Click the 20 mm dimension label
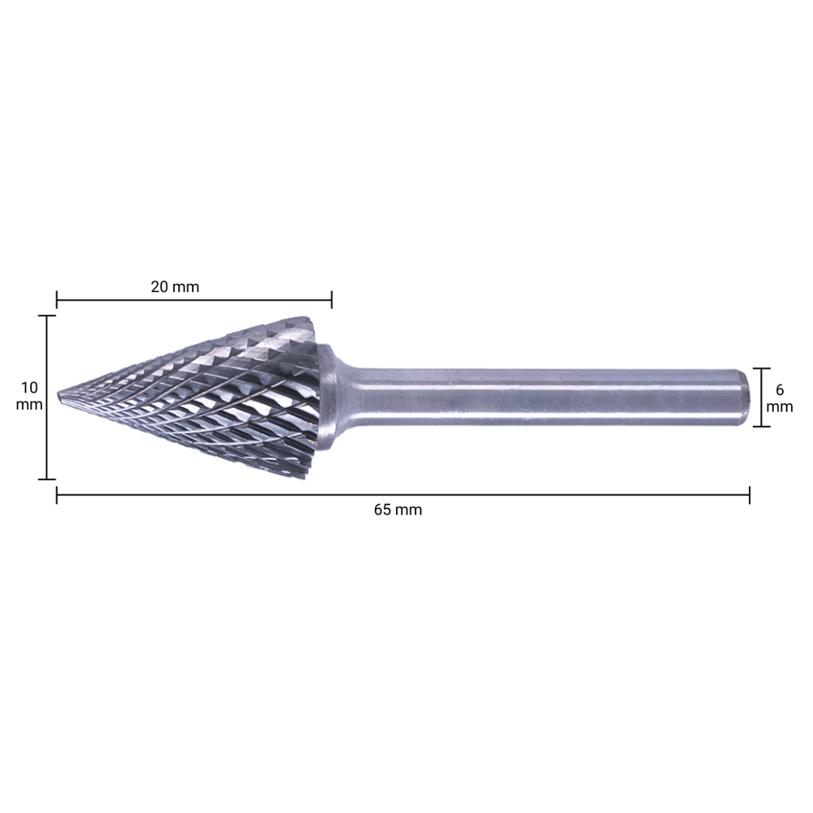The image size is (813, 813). pyautogui.click(x=175, y=286)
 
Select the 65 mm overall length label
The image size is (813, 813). pyautogui.click(x=398, y=510)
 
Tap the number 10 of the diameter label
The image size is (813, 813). pyautogui.click(x=29, y=387)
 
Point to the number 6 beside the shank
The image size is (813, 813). pyautogui.click(x=780, y=389)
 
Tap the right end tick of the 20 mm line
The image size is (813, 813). pyautogui.click(x=332, y=301)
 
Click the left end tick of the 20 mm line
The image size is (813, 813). pyautogui.click(x=56, y=301)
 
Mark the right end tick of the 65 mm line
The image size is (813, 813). pyautogui.click(x=749, y=494)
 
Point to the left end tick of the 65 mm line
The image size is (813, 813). pyautogui.click(x=56, y=494)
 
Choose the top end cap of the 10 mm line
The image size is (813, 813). pyautogui.click(x=47, y=315)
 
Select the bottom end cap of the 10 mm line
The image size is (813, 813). pyautogui.click(x=47, y=480)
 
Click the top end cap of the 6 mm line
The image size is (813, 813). pyautogui.click(x=762, y=368)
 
